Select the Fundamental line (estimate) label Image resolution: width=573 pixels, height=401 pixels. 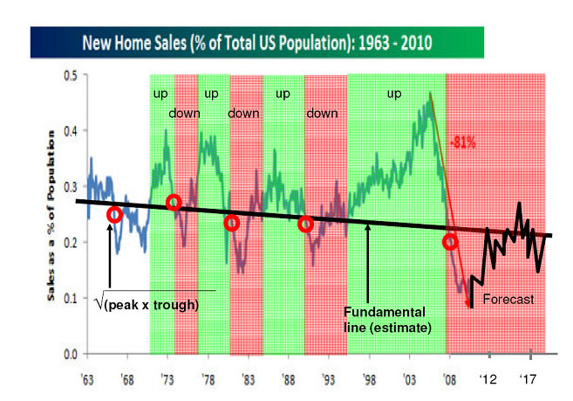pyautogui.click(x=384, y=320)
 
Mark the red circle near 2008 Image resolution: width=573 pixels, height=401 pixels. pyautogui.click(x=450, y=242)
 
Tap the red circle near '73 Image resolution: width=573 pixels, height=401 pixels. pyautogui.click(x=173, y=202)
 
